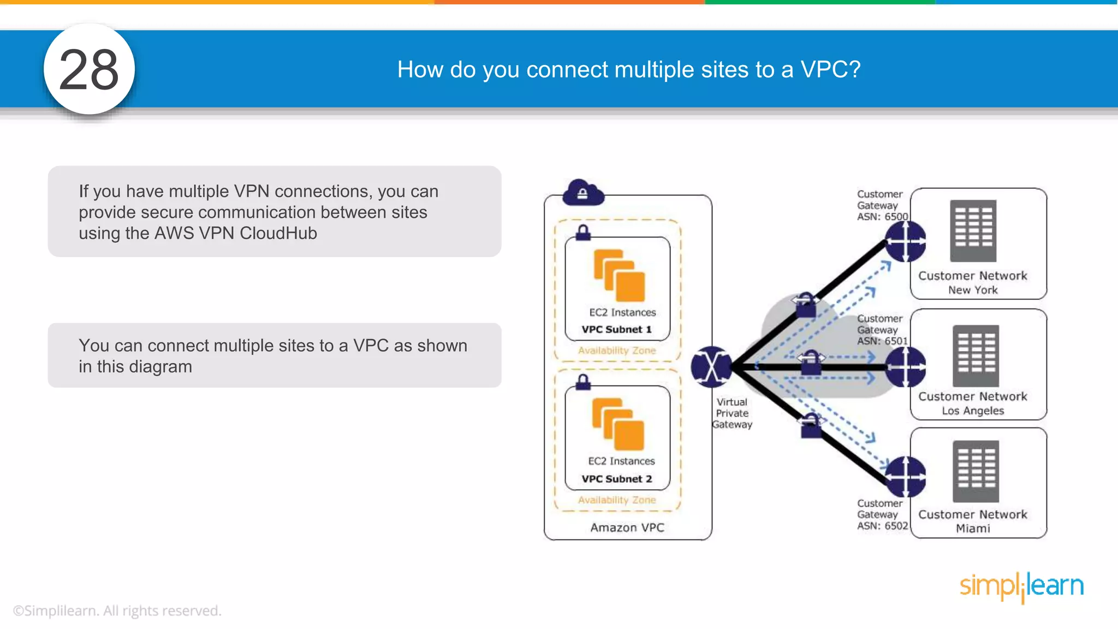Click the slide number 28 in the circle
(x=89, y=70)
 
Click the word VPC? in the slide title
(x=830, y=70)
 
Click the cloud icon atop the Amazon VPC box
(x=583, y=193)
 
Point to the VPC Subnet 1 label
(x=616, y=330)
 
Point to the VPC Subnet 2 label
(x=616, y=479)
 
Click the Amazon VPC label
(x=627, y=527)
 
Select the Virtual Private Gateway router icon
(x=711, y=367)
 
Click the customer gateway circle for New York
(x=905, y=241)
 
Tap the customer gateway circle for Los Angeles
(x=905, y=367)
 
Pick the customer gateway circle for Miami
(x=905, y=477)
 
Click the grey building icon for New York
(x=973, y=231)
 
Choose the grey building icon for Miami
(x=976, y=471)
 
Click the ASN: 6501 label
(x=882, y=341)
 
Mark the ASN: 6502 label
(x=882, y=526)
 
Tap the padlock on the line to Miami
(x=811, y=426)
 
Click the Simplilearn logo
(x=1021, y=586)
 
